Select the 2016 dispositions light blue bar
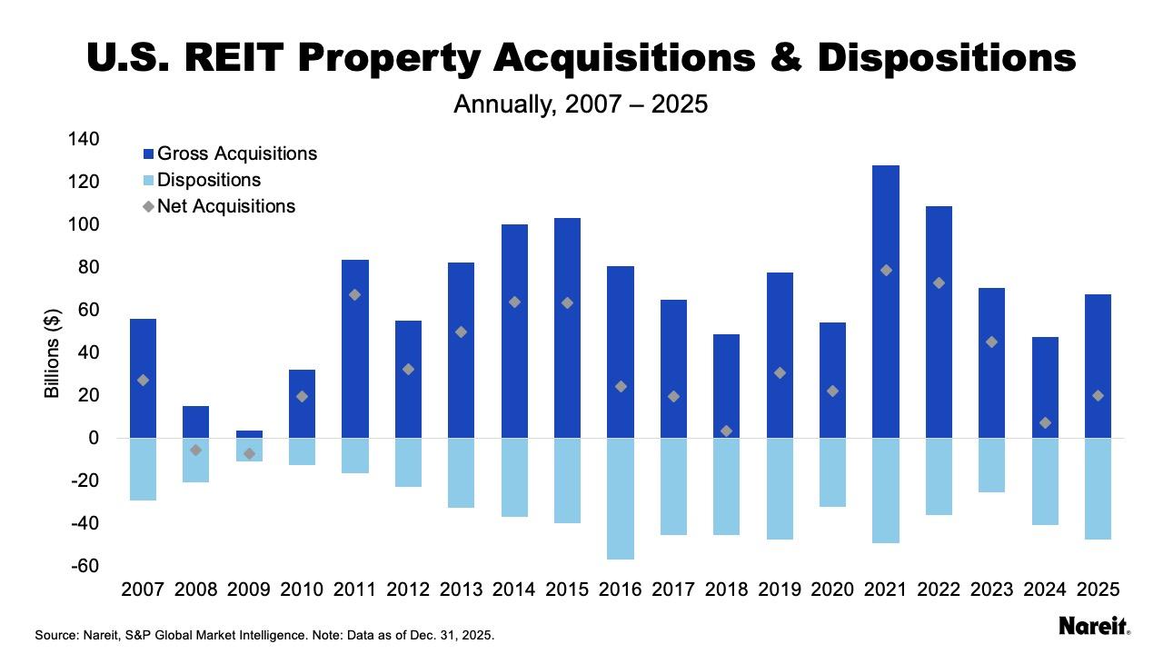click(x=620, y=499)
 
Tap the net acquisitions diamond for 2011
click(x=354, y=295)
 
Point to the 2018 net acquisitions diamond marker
click(x=726, y=431)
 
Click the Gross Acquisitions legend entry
click(x=236, y=154)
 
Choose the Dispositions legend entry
click(x=209, y=180)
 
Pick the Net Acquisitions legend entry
click(x=226, y=206)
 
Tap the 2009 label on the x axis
click(x=249, y=590)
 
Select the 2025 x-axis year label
click(x=1098, y=590)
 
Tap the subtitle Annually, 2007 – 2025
click(x=581, y=104)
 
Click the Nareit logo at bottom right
click(x=1094, y=626)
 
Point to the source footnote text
click(x=264, y=635)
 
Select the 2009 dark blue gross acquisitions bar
click(x=249, y=434)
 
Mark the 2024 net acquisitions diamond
click(x=1044, y=423)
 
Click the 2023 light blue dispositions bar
click(x=991, y=465)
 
